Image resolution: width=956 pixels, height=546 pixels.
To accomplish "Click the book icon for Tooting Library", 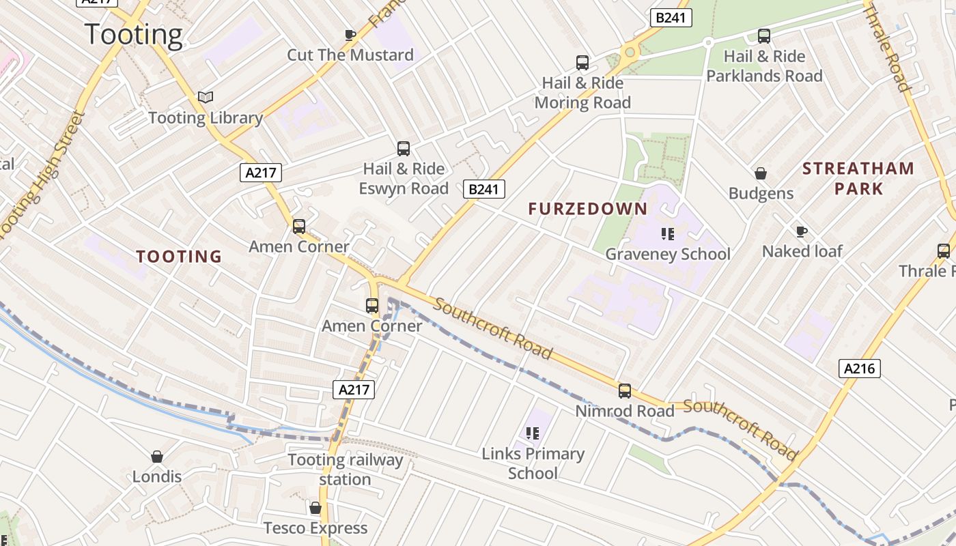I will point(206,97).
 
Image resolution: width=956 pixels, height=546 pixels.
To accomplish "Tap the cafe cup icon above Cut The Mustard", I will point(350,35).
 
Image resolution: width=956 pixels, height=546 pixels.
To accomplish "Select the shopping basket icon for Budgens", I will point(761,173).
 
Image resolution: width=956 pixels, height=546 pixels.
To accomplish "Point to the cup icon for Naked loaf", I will point(802,231).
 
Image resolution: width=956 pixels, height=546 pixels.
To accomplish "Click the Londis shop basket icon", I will point(157,457).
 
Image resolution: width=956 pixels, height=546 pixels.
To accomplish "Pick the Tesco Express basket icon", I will point(315,508).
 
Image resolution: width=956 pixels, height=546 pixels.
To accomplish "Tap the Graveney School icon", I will point(668,234).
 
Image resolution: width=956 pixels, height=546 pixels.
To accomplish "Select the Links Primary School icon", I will point(533,433).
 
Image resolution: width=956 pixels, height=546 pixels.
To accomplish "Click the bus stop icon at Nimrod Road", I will point(625,391).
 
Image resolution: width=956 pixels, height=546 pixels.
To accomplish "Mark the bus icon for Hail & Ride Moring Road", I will point(582,63).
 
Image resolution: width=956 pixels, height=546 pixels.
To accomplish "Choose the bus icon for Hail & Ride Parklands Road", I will point(764,36).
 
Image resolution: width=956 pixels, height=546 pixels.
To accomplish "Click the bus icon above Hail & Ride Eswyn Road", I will point(404,148).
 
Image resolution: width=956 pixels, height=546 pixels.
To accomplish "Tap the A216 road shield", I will point(859,369).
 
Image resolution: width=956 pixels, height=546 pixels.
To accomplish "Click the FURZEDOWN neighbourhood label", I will point(587,210).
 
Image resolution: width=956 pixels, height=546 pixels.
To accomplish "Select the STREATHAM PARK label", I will point(858,178).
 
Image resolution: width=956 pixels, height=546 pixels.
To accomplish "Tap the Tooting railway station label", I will point(346,470).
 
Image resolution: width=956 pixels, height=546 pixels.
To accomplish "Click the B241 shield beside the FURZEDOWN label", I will point(484,189).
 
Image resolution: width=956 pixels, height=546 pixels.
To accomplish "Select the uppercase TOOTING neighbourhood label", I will point(179,257).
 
